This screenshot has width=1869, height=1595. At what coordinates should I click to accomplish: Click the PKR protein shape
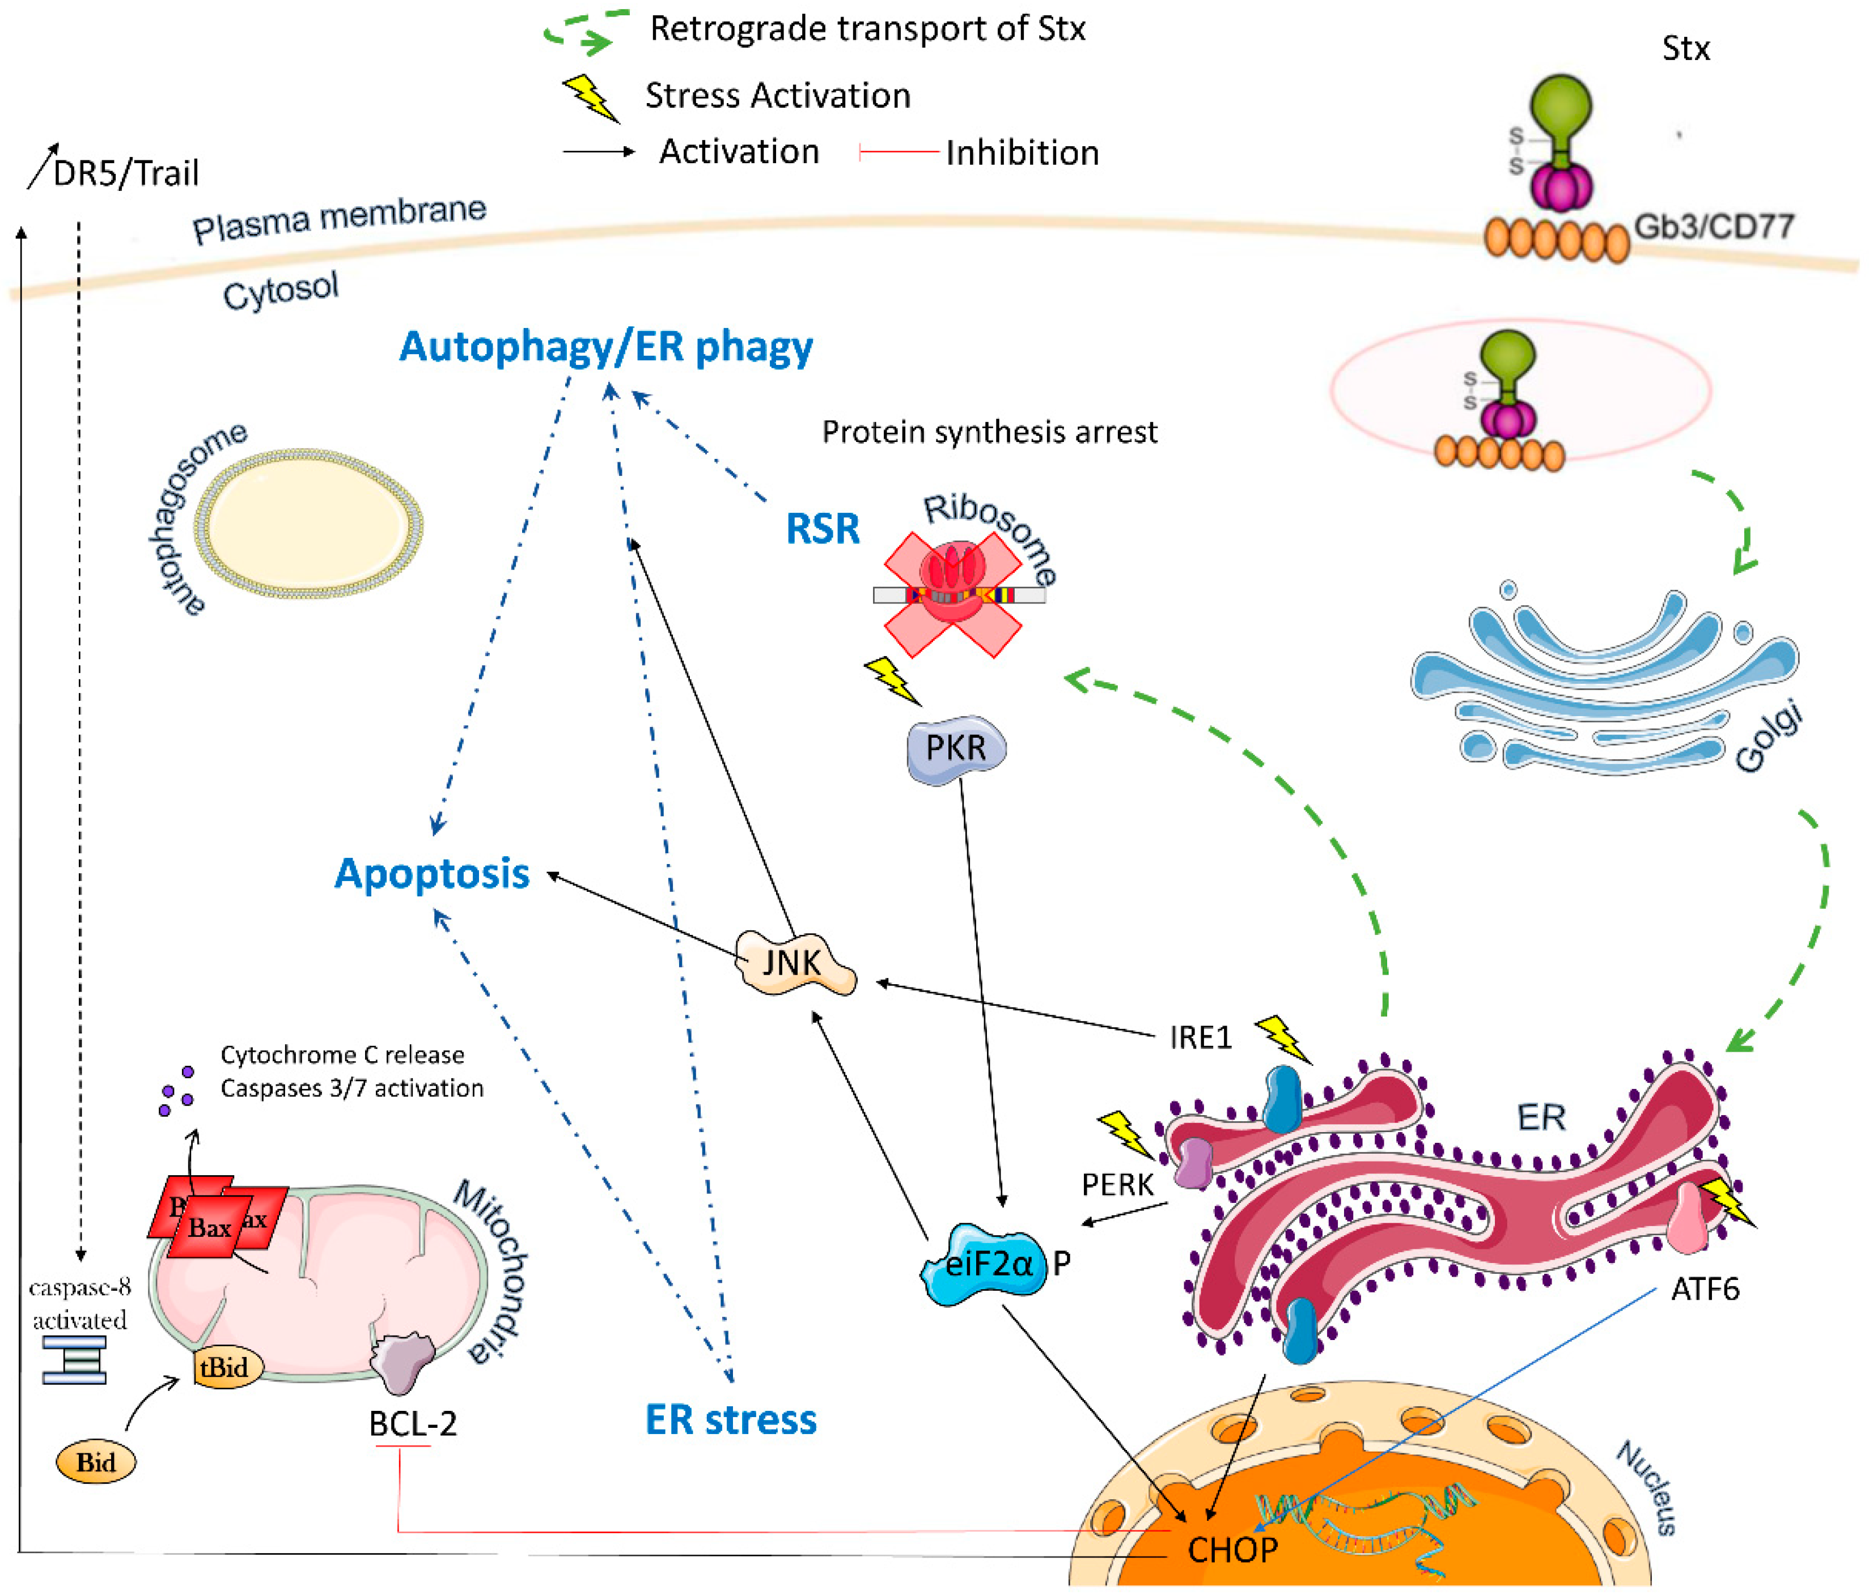point(956,748)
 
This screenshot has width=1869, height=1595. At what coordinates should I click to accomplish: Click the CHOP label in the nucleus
point(1232,1549)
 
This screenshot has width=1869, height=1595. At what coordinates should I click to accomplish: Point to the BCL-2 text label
point(412,1423)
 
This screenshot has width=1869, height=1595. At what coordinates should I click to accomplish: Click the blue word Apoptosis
point(432,873)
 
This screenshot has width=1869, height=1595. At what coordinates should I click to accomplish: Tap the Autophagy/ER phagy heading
point(605,346)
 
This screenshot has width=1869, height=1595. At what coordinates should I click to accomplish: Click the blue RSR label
point(823,528)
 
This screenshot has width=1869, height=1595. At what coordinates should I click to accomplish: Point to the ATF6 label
point(1704,1290)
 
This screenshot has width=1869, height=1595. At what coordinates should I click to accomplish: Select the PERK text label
point(1117,1184)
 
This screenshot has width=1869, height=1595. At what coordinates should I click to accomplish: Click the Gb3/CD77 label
point(1713,226)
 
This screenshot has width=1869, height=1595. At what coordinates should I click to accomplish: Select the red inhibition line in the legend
point(897,152)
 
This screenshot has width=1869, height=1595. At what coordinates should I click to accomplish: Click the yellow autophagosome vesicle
point(308,523)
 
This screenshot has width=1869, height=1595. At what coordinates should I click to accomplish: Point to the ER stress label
point(731,1419)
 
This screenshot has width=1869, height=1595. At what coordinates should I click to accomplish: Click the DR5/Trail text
point(125,172)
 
